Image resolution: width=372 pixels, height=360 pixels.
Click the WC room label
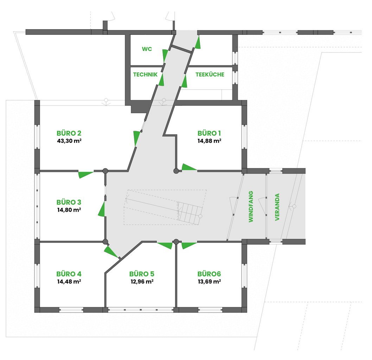147,49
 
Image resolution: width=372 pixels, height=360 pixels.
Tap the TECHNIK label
145,75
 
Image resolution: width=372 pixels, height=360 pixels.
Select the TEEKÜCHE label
210,75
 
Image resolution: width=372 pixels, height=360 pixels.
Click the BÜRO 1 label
209,133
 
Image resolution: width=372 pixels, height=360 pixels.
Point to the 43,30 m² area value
69,141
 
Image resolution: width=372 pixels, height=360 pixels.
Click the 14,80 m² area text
69,210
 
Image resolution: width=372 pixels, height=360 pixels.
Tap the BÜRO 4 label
69,274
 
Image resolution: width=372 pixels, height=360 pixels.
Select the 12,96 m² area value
142,282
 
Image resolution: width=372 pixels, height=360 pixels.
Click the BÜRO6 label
209,274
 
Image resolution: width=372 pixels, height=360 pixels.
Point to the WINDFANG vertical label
251,207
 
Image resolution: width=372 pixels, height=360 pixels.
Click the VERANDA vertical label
277,207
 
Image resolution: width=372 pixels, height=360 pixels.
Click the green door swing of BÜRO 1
189,167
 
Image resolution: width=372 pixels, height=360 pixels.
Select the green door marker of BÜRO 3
102,210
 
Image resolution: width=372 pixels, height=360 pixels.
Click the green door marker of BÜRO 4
110,252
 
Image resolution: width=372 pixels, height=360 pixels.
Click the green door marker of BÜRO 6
189,245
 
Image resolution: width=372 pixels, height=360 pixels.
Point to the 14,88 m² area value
210,141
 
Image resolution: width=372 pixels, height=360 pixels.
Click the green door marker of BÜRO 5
165,245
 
